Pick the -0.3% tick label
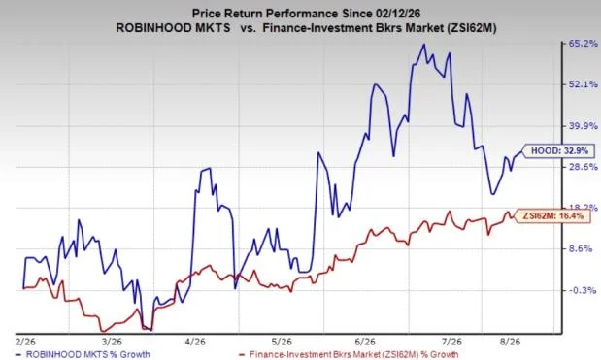[x=582, y=291]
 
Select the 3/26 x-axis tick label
[x=111, y=342]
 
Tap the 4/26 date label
[x=195, y=342]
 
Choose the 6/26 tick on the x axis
[x=365, y=342]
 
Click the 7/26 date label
[x=451, y=342]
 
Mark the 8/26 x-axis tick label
[x=510, y=342]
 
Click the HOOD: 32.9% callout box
[x=558, y=151]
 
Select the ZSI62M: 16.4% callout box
[x=551, y=216]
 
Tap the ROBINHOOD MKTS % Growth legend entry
[x=83, y=354]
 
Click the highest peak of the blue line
[x=423, y=45]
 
